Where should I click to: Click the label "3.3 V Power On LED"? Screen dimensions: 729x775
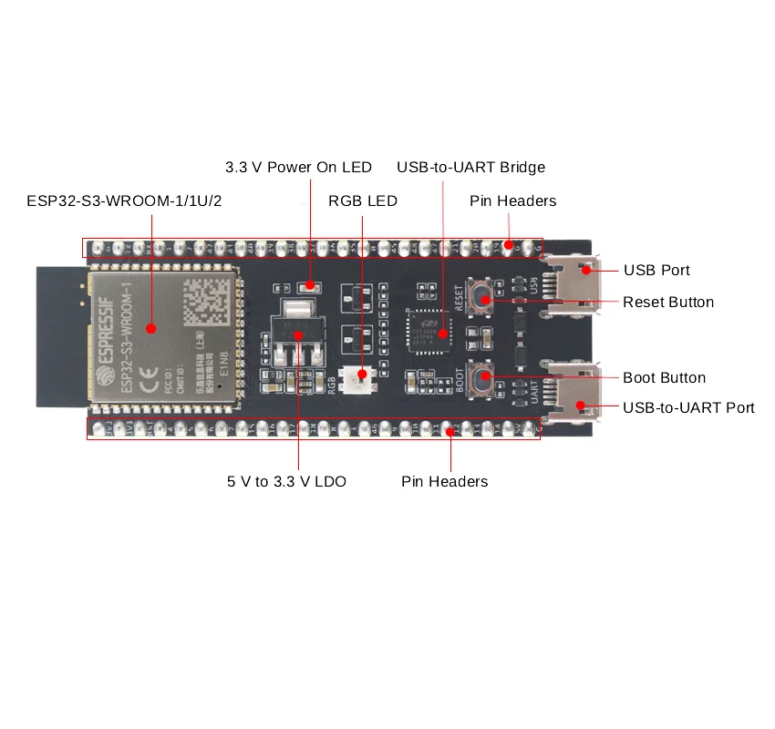click(x=298, y=168)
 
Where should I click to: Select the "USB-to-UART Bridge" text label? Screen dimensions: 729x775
click(x=470, y=168)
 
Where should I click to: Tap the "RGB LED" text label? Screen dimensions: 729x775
click(x=363, y=200)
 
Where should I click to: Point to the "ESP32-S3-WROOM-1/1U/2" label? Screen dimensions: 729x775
click(x=124, y=200)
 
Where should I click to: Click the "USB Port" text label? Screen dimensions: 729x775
click(x=656, y=270)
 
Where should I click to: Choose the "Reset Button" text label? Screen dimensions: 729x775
click(x=668, y=302)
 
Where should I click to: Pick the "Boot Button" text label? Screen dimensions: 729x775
click(x=664, y=377)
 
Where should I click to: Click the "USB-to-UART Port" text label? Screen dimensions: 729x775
click(x=688, y=407)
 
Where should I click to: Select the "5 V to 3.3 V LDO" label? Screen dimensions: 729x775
click(x=286, y=481)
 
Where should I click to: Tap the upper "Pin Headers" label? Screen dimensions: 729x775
click(x=512, y=200)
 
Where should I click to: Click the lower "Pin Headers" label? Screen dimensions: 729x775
click(x=444, y=481)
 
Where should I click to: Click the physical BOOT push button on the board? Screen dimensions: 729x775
click(x=483, y=375)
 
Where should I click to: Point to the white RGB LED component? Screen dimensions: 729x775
click(x=355, y=375)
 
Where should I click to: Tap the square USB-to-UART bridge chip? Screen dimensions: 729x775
click(x=428, y=330)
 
